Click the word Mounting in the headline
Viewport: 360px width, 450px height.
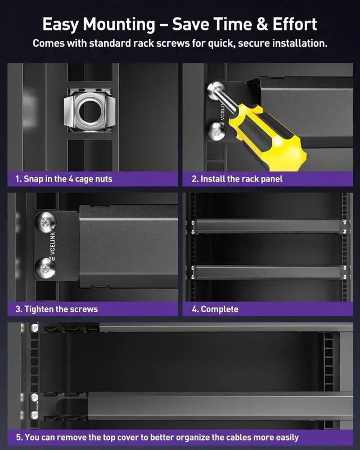119,25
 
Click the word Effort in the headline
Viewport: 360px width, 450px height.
295,24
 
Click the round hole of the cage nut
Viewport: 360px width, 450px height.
90,110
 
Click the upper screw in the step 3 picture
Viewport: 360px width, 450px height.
46,222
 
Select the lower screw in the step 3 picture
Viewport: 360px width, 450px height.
46,268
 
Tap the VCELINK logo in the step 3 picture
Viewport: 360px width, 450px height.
52,246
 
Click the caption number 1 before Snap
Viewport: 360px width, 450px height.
18,179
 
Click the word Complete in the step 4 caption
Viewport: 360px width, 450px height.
219,309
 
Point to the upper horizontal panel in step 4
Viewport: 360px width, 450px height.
268,227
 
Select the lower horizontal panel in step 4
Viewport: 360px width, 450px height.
268,272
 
